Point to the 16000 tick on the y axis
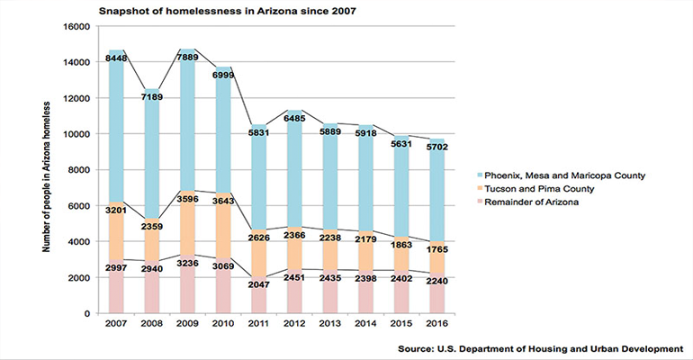75,27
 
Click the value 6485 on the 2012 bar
293,118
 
